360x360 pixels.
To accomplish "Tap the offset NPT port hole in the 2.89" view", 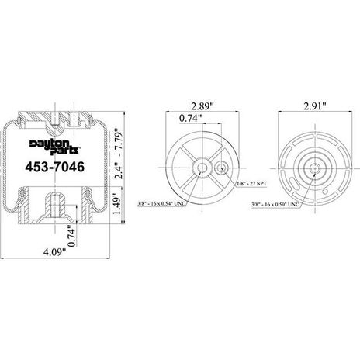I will pyautogui.click(x=220, y=167).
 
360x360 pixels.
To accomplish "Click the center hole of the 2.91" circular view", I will pyautogui.click(x=315, y=165).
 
